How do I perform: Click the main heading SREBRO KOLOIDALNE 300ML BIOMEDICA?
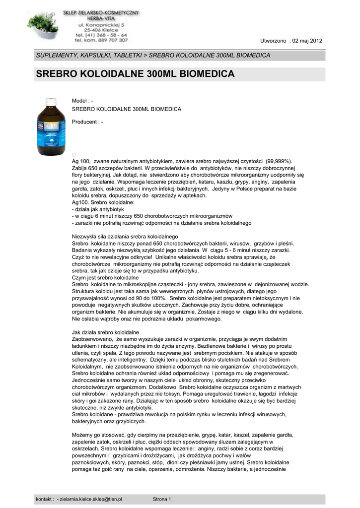135,74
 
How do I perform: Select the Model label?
80,101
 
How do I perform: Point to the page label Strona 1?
162,499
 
